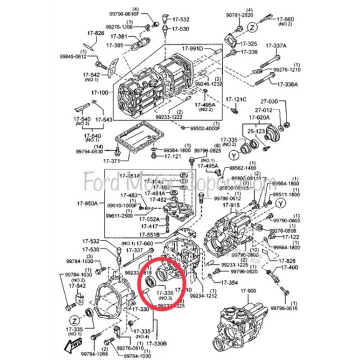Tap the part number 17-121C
236,99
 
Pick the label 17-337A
276,45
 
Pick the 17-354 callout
229,282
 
